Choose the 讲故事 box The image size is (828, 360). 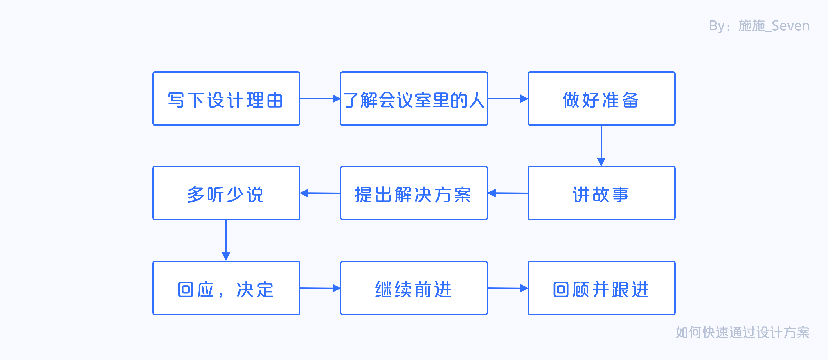601,193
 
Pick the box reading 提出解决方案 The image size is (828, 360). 414,193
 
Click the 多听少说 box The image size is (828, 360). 226,193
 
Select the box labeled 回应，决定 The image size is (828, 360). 226,288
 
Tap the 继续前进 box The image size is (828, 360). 414,288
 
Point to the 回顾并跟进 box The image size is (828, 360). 601,288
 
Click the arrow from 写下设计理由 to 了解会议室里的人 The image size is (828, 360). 320,99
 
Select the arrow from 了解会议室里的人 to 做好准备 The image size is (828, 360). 508,99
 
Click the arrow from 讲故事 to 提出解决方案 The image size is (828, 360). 508,193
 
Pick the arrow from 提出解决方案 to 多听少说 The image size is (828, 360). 320,193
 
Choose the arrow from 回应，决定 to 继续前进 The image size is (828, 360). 320,288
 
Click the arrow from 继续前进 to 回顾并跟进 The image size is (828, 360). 508,288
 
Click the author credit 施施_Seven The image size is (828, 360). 774,26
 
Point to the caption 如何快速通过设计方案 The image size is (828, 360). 742,332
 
